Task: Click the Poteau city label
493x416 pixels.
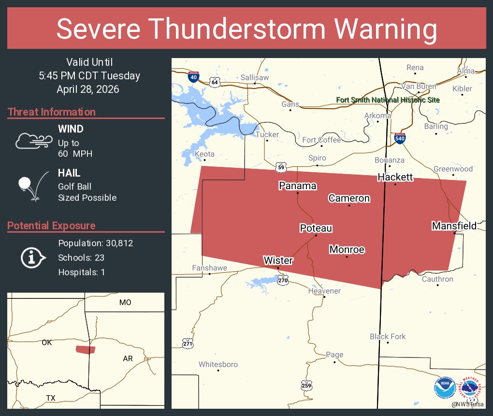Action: [x=316, y=228]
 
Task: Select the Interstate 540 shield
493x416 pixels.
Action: [x=399, y=138]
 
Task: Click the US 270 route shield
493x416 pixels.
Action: [x=283, y=279]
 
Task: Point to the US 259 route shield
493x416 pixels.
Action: [x=306, y=385]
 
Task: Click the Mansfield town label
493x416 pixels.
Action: [x=454, y=226]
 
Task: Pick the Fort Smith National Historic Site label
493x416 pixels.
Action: [x=388, y=100]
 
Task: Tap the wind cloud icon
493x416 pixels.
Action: [x=33, y=141]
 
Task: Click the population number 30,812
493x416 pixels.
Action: [x=114, y=243]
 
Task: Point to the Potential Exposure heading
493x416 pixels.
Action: [x=51, y=225]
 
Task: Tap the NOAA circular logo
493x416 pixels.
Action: [x=444, y=388]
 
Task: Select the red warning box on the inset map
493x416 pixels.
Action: [x=86, y=349]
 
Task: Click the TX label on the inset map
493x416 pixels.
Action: [x=51, y=398]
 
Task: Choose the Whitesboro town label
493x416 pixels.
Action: [x=218, y=364]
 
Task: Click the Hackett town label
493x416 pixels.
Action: [x=395, y=177]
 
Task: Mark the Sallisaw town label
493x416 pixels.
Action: [x=254, y=77]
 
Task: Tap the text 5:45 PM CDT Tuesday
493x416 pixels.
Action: [x=89, y=76]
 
